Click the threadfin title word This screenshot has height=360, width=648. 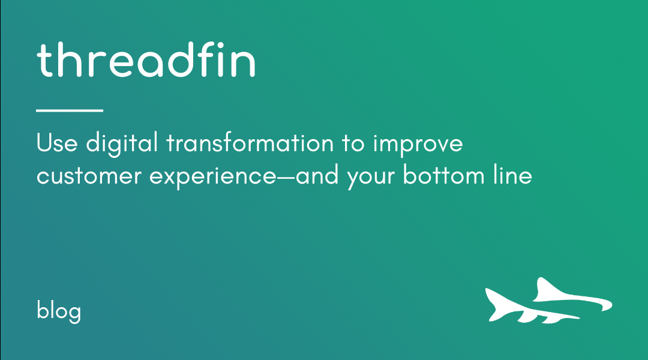tap(146, 59)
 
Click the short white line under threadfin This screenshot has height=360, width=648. tap(70, 110)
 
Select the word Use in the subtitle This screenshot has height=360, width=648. tap(57, 143)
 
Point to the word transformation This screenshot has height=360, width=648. tap(250, 143)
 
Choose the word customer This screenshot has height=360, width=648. tap(89, 176)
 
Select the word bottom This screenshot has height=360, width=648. tap(443, 175)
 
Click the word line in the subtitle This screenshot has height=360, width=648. tap(512, 175)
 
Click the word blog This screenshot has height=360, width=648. tap(59, 311)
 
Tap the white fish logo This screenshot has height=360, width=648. tap(549, 301)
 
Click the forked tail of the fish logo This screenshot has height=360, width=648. tap(495, 304)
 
